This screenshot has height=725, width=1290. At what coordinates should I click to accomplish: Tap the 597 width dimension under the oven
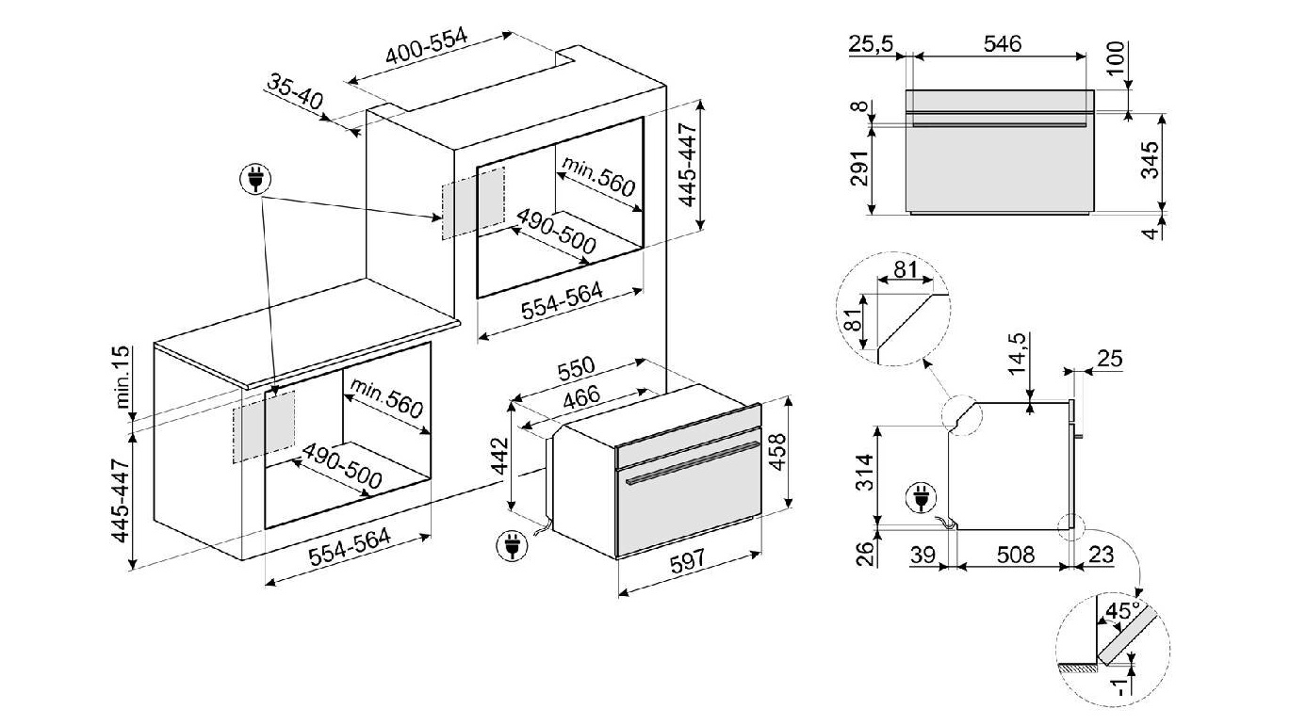pyautogui.click(x=688, y=563)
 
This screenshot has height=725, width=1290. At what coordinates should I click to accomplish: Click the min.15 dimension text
pyautogui.click(x=120, y=377)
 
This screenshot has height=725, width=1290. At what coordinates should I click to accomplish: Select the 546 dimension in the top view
pyautogui.click(x=1001, y=43)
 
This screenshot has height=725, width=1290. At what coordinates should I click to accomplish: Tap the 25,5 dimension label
pyautogui.click(x=870, y=43)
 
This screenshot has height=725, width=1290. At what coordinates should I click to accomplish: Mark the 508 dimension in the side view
pyautogui.click(x=1015, y=556)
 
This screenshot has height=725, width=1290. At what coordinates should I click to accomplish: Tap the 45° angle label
pyautogui.click(x=1121, y=610)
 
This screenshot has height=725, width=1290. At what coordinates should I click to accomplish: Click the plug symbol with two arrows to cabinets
pyautogui.click(x=255, y=178)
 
